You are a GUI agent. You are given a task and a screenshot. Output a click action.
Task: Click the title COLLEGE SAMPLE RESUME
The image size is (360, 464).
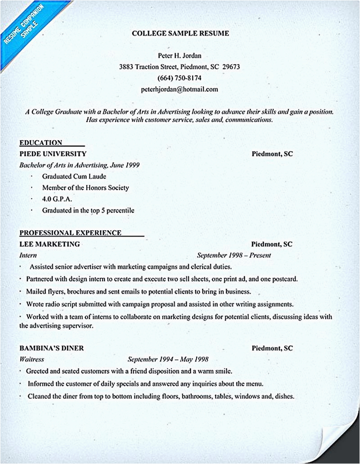point(180,33)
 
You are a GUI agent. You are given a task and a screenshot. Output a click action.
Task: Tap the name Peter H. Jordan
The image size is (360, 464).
point(180,56)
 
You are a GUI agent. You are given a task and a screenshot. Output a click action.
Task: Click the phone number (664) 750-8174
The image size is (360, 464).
point(179,78)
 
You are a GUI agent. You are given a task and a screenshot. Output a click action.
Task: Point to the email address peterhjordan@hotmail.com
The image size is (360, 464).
point(179,89)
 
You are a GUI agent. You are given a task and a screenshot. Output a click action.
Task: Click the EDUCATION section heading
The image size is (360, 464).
point(41,143)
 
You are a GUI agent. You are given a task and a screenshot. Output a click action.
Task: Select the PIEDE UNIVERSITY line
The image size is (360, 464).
point(53,154)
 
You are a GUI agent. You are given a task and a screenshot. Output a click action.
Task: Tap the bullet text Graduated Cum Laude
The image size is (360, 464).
point(74,176)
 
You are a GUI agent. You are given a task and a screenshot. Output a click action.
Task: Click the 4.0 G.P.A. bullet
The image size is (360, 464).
point(57,199)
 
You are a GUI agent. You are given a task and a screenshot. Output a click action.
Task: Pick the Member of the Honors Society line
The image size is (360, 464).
point(85,187)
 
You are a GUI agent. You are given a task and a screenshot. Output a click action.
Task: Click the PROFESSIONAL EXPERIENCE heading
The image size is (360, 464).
point(70,233)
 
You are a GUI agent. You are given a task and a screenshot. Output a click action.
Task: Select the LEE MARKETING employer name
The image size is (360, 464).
point(49,244)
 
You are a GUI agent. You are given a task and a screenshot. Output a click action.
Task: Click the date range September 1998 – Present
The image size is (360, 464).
point(234,255)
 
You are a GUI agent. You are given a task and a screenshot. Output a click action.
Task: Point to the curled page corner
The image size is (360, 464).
point(340,443)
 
